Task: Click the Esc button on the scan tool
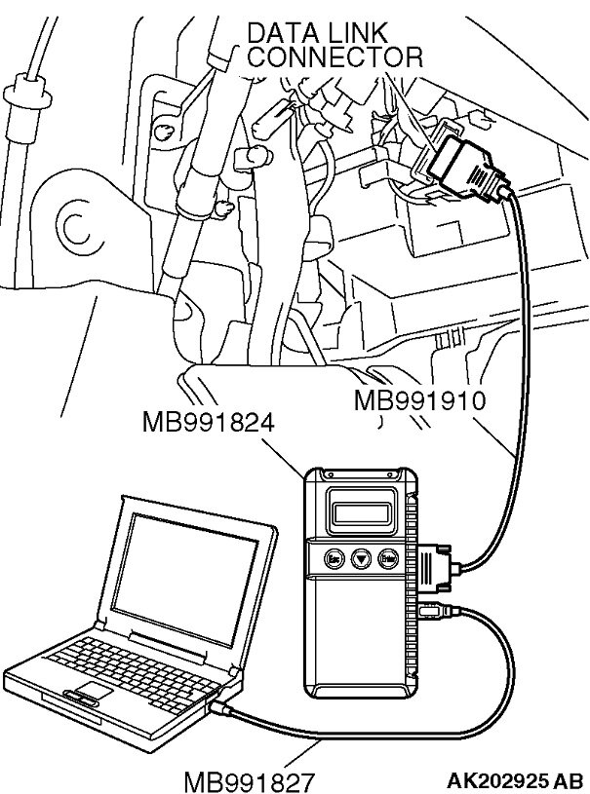tap(334, 559)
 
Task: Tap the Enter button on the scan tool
tap(388, 560)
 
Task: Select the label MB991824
tap(209, 424)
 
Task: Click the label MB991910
tap(419, 398)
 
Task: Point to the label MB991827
tap(250, 779)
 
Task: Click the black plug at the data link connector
tap(466, 169)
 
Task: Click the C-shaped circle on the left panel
tap(73, 227)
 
